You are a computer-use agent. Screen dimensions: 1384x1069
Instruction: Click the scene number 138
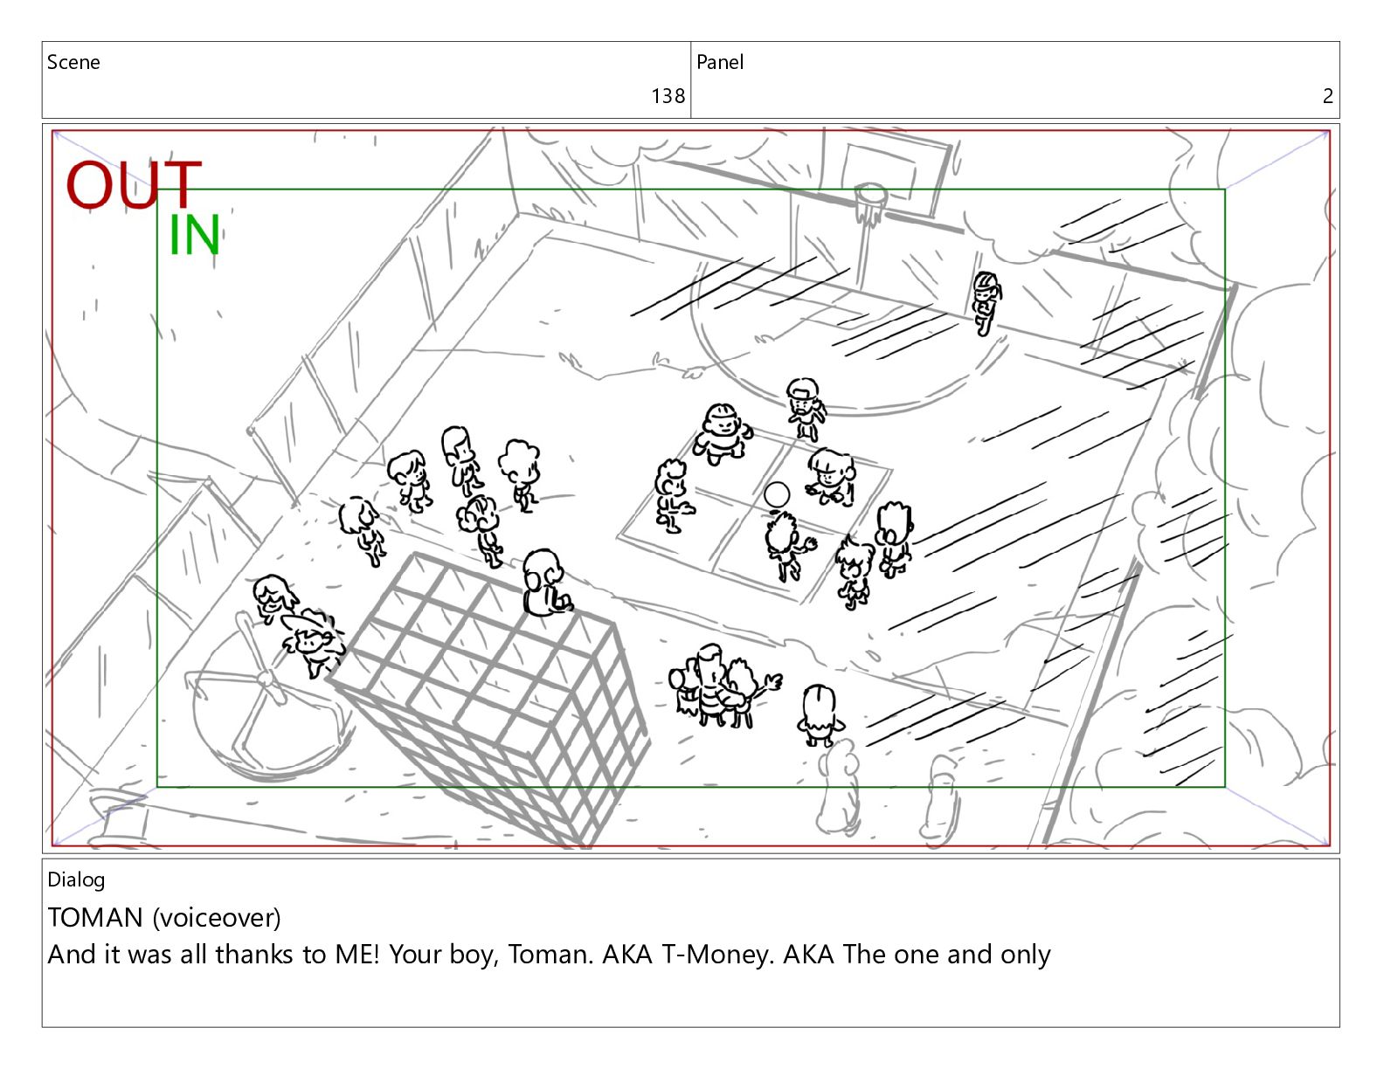click(x=668, y=96)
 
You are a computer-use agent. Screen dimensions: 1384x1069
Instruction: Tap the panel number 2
click(x=1328, y=96)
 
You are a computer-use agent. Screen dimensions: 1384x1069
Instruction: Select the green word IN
click(x=194, y=235)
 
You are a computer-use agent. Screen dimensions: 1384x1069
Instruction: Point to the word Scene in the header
click(x=73, y=62)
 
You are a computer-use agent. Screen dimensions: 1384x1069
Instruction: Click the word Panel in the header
click(x=720, y=62)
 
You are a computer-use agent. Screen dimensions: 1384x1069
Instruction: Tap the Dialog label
click(x=76, y=880)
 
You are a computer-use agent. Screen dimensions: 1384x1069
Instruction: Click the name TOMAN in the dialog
click(x=95, y=917)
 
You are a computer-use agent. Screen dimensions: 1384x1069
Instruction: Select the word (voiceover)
click(x=217, y=918)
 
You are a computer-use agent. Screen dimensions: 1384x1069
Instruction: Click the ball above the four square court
click(x=777, y=494)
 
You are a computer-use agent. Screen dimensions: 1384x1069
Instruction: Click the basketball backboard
click(x=895, y=178)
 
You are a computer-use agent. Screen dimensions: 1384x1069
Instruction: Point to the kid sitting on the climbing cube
click(x=544, y=583)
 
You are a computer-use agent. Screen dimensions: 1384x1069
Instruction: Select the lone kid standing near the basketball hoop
click(x=986, y=303)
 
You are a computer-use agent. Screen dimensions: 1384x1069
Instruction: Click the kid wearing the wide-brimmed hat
click(x=312, y=642)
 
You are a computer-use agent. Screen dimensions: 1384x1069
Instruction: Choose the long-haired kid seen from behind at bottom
click(x=820, y=715)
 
